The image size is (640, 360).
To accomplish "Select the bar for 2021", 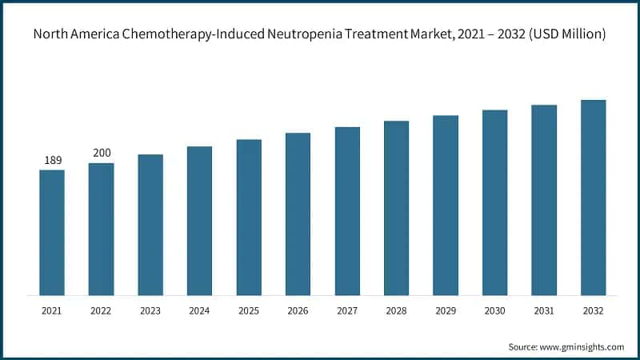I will pos(52,232).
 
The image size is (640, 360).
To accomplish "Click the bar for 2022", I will pos(101,229).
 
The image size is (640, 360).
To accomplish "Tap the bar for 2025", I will pos(249,217).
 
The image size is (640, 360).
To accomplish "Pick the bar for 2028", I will pos(397,208).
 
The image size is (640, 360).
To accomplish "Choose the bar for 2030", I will pos(495,202).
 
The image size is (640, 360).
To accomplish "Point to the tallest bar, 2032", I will pos(594,198).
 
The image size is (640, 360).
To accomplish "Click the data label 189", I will pos(52,161).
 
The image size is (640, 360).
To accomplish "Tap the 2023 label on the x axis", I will pos(150,310).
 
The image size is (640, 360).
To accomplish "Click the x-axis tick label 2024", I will pos(199,310).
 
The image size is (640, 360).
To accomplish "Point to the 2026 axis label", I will pos(298,310).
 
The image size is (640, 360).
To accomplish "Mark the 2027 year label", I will pos(347,310).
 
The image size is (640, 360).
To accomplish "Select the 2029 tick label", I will pos(446,310).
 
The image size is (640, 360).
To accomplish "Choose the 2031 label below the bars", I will pos(544,310).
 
